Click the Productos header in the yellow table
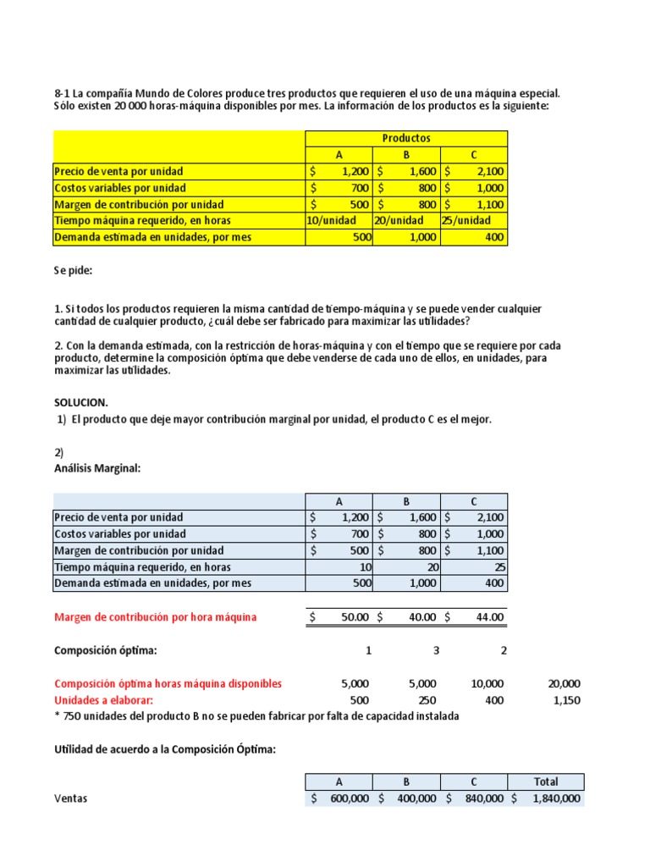point(406,138)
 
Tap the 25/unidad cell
point(465,221)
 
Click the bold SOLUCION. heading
point(81,402)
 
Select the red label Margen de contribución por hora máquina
point(155,617)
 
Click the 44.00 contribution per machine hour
point(489,617)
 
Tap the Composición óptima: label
point(105,650)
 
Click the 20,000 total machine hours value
point(564,683)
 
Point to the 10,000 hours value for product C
point(487,683)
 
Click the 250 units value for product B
point(427,700)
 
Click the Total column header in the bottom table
point(546,781)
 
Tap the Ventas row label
point(70,798)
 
